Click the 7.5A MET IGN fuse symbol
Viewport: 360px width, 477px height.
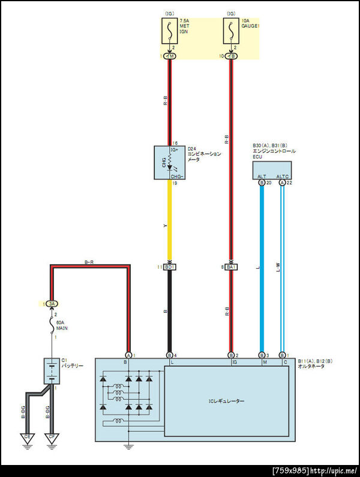[x=170, y=31]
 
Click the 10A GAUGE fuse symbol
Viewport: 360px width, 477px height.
[x=232, y=31]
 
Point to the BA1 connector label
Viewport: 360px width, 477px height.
[x=232, y=266]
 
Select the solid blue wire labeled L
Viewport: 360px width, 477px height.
[x=262, y=270]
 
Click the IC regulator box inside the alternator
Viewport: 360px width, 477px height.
[x=227, y=400]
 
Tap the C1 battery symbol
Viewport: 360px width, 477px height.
[x=52, y=371]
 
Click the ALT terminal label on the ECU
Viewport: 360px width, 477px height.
[x=262, y=176]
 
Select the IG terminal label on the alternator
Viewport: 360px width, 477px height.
[x=233, y=363]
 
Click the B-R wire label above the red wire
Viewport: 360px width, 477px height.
[x=90, y=262]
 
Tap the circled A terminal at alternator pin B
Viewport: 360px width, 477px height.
[x=128, y=356]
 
